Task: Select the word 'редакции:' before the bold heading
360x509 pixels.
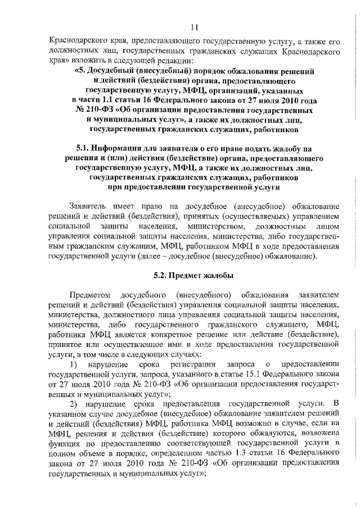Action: tap(173, 61)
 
